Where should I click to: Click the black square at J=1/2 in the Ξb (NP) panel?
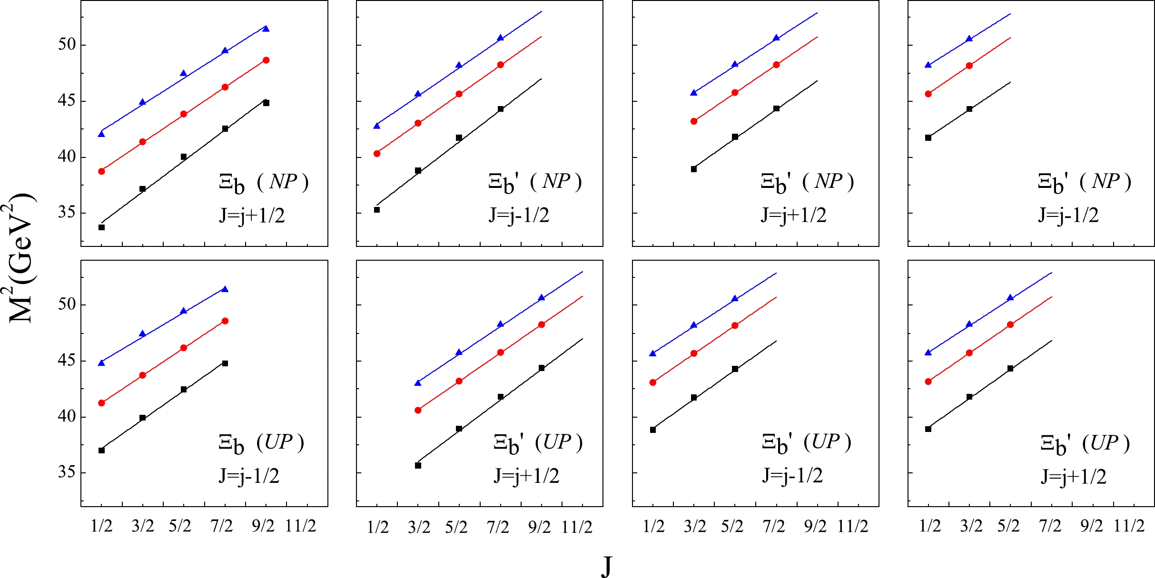101,227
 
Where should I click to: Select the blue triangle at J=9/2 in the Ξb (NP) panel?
266,29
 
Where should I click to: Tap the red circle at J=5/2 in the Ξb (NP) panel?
184,114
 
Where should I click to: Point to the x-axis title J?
606,566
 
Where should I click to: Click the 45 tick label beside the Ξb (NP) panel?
67,101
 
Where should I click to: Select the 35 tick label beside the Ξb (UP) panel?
67,472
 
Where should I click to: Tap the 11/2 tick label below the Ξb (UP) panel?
301,526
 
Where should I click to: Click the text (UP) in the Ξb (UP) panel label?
280,442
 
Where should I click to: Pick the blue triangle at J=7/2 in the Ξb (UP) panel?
225,289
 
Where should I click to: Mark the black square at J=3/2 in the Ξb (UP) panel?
142,418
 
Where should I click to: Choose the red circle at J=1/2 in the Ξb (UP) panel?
101,403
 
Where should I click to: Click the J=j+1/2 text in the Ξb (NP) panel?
252,216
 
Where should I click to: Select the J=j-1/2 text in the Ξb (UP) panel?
249,476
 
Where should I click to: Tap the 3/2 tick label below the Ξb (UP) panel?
143,526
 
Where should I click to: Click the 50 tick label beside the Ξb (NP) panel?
67,45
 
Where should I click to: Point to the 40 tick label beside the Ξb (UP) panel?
67,417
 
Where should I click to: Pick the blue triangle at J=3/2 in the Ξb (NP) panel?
142,102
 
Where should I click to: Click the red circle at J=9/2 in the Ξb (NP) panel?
266,60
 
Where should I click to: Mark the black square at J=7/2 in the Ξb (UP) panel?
225,363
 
